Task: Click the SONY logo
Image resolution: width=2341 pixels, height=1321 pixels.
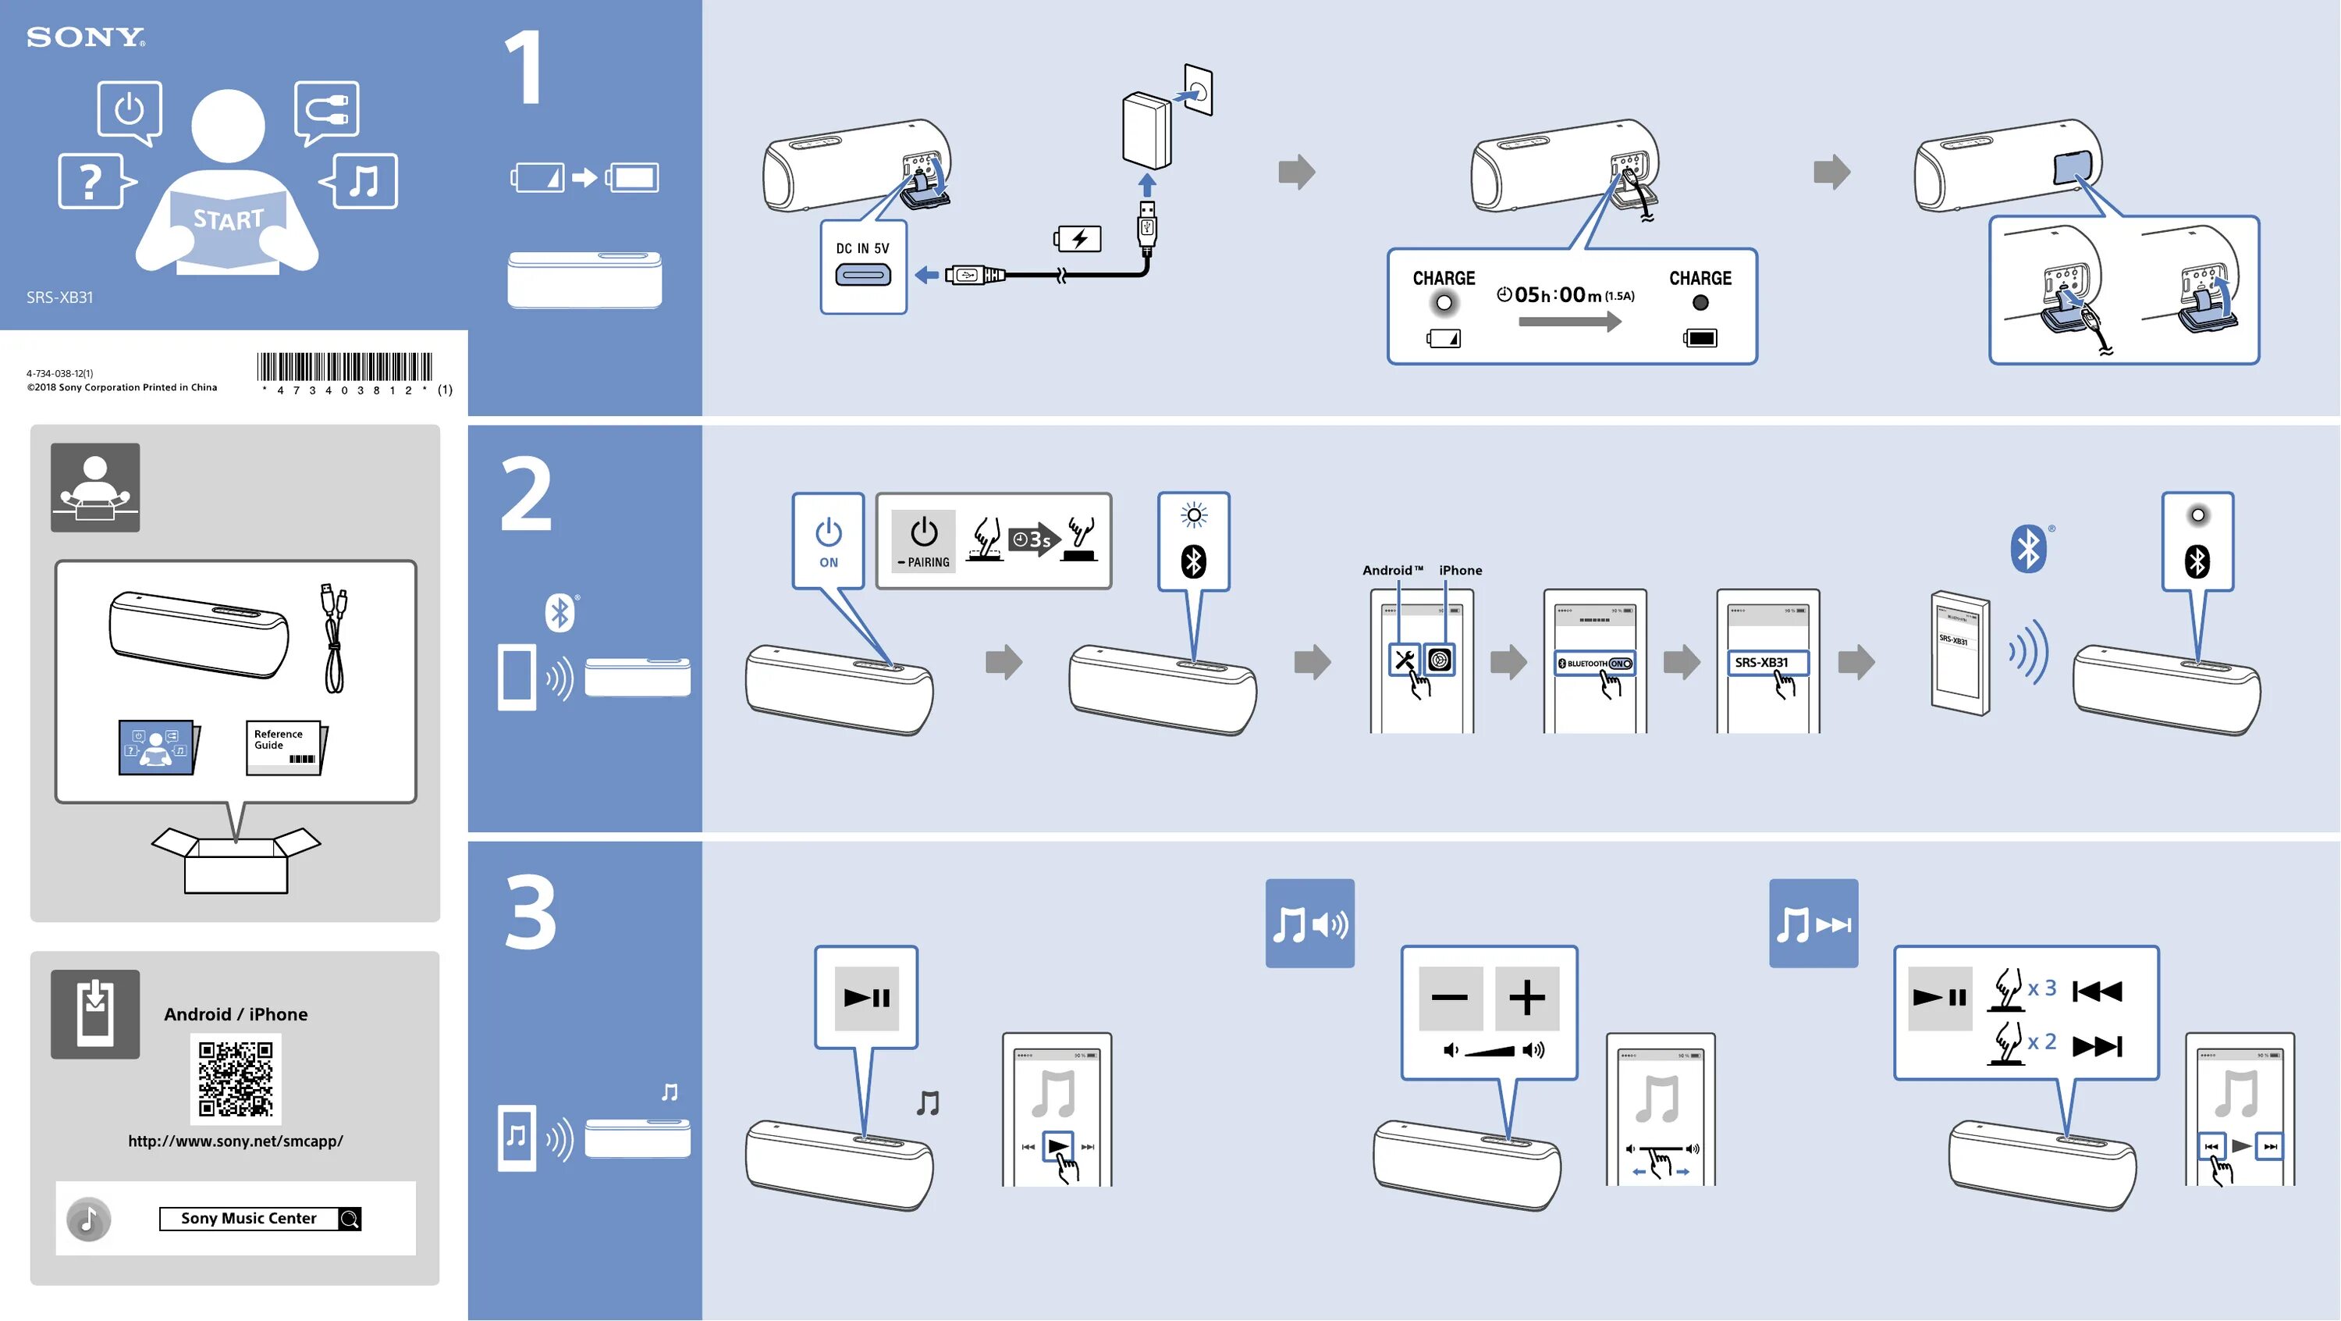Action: pyautogui.click(x=85, y=37)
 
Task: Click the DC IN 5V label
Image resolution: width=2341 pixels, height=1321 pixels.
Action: pyautogui.click(x=862, y=248)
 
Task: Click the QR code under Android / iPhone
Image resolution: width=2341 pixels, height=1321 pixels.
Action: pyautogui.click(x=236, y=1079)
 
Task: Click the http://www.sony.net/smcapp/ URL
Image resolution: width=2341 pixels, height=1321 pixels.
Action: pyautogui.click(x=236, y=1141)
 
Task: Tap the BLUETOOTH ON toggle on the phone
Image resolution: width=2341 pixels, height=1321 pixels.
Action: pyautogui.click(x=1595, y=664)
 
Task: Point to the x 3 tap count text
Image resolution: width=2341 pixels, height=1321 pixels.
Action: pyautogui.click(x=2041, y=988)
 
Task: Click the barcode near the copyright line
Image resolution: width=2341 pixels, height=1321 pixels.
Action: pyautogui.click(x=344, y=367)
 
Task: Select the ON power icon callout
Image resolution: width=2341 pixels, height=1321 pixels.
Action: pyautogui.click(x=828, y=541)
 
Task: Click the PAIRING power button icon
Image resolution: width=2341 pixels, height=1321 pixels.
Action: pyautogui.click(x=923, y=540)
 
